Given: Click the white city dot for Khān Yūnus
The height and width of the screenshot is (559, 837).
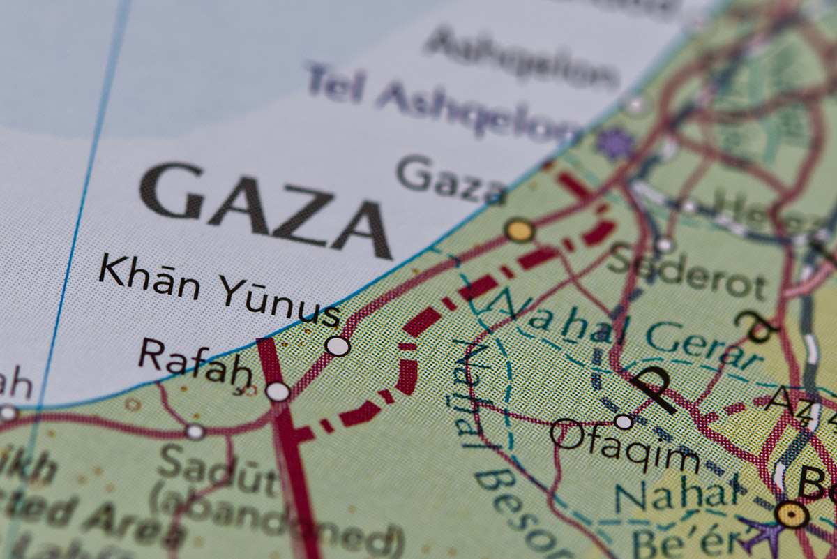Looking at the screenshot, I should (338, 345).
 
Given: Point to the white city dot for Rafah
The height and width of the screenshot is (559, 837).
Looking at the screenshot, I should (278, 392).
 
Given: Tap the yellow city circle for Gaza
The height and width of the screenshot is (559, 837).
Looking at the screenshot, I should (520, 230).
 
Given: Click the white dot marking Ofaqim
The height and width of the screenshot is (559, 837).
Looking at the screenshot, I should (624, 422).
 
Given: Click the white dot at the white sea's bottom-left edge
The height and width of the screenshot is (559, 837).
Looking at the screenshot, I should (8, 412).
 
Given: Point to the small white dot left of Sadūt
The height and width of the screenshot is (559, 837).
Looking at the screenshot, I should (195, 432).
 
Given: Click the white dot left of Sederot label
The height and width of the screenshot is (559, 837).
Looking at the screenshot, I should (665, 245).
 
